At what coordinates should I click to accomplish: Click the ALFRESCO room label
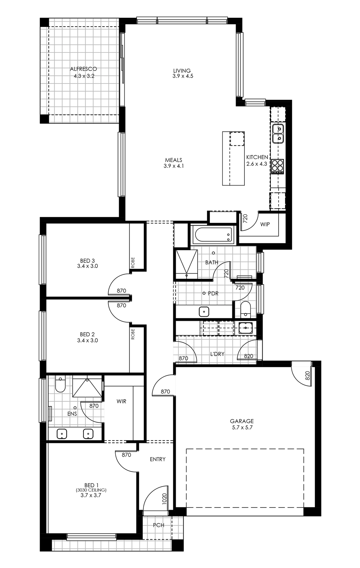point(83,69)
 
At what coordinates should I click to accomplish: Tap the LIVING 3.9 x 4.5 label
point(183,74)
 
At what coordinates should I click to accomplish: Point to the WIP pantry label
point(265,224)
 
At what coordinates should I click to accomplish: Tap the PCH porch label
point(158,525)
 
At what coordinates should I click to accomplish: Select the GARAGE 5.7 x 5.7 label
point(242,424)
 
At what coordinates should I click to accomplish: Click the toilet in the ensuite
point(60,385)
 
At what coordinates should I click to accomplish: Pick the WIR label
point(121,401)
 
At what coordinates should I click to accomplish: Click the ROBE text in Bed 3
point(133,263)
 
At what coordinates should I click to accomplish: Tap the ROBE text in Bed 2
point(133,334)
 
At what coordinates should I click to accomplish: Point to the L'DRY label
point(217,354)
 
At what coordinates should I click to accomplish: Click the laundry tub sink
point(246,328)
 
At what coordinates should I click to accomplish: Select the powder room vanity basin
point(204,312)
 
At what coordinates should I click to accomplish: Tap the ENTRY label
point(158,459)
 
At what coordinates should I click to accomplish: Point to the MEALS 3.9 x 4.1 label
point(174,163)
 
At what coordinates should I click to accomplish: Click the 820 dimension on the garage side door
point(307,376)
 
